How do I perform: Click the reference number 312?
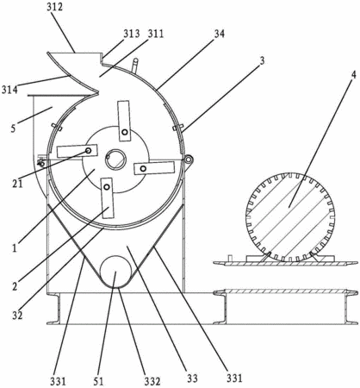(x=54, y=7)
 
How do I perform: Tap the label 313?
(x=132, y=34)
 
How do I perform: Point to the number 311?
(x=155, y=34)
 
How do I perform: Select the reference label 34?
(x=220, y=34)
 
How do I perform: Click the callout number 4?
(x=353, y=75)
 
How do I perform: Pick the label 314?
(x=9, y=90)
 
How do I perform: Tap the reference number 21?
(x=17, y=184)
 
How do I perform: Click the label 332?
(x=152, y=381)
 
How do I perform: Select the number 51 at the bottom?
(x=98, y=381)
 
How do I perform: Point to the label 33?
(x=192, y=379)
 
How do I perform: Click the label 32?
(x=17, y=316)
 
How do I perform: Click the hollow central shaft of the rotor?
(x=115, y=160)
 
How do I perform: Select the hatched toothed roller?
(x=290, y=217)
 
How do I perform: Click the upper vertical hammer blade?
(x=124, y=121)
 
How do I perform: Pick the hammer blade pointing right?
(x=154, y=168)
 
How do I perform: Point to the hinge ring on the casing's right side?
(x=189, y=159)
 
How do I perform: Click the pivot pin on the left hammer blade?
(x=88, y=151)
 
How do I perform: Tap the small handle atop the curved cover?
(x=134, y=66)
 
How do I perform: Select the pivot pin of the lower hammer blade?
(x=107, y=187)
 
